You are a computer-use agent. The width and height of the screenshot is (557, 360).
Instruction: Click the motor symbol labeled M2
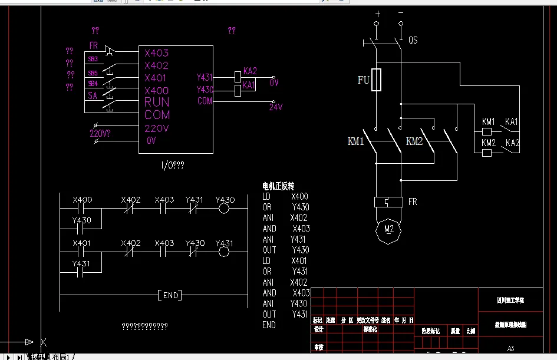[388, 229]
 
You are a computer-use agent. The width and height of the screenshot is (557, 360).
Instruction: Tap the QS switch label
[413, 41]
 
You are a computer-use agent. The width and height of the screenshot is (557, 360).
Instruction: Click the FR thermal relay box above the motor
[388, 202]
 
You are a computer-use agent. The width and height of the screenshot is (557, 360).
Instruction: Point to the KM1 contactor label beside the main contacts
[356, 141]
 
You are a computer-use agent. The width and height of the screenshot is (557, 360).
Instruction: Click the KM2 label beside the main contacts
[414, 141]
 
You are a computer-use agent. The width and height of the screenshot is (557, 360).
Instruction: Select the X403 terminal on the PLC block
[157, 53]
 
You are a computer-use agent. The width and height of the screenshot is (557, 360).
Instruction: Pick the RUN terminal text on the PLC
[157, 103]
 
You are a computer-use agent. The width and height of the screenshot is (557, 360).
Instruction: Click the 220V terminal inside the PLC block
[157, 128]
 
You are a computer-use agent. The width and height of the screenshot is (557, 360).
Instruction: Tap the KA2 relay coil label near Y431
[250, 71]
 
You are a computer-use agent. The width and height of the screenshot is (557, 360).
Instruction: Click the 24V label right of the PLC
[276, 107]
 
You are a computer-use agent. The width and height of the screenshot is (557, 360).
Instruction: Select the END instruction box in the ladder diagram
[170, 295]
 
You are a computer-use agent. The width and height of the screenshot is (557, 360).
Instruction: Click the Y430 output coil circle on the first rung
[224, 209]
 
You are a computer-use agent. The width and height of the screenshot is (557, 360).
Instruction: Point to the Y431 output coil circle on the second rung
[224, 252]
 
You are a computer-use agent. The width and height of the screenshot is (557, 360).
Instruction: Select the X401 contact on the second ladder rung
[82, 252]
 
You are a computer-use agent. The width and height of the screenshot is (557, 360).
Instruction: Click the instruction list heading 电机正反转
[278, 186]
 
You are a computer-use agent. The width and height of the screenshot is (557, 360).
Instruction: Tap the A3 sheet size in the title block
[510, 349]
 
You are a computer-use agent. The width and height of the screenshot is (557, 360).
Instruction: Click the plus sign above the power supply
[378, 13]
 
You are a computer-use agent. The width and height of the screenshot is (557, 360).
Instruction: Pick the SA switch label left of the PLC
[93, 95]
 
